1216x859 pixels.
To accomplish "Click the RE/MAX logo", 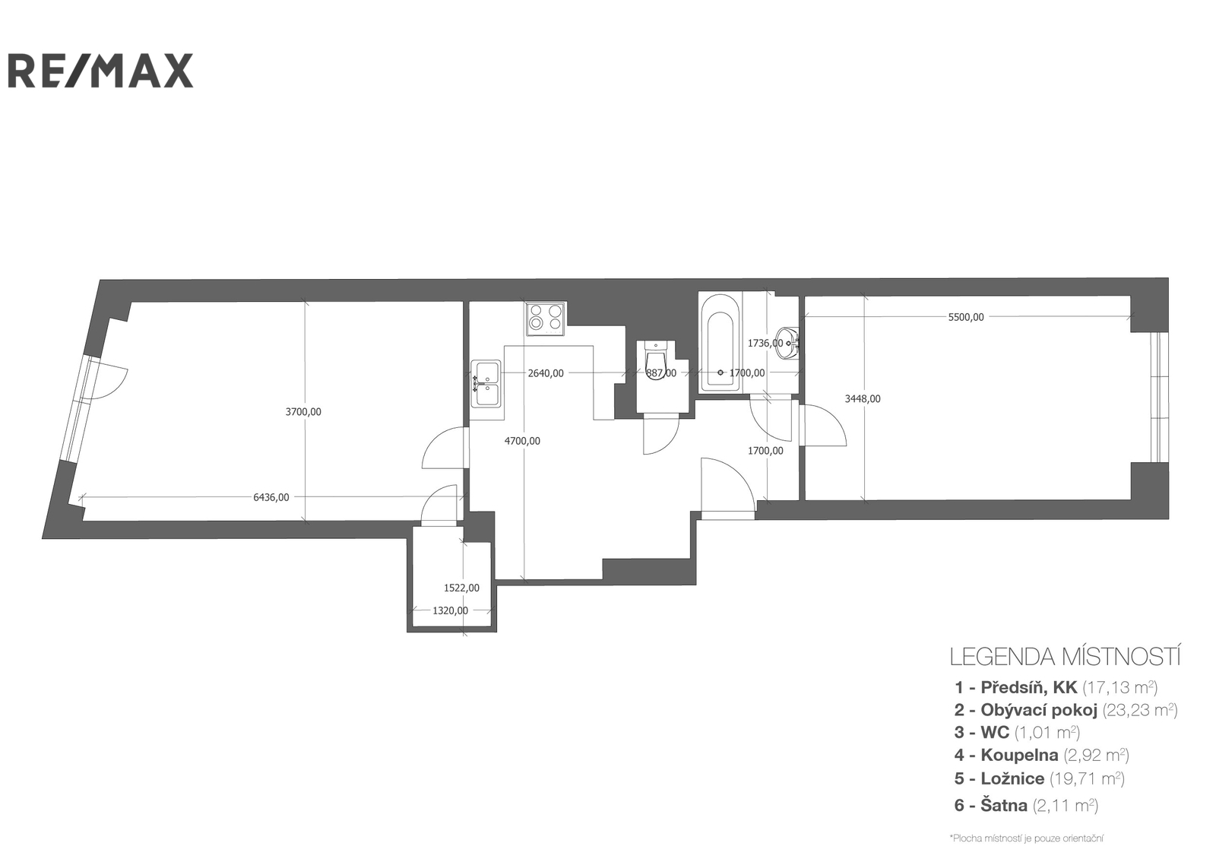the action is (x=100, y=70).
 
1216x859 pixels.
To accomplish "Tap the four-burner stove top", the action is (x=546, y=319).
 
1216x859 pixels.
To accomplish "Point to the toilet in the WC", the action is (x=656, y=360).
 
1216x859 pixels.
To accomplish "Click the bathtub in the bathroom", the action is (x=720, y=344).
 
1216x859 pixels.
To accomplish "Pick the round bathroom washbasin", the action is (x=787, y=343).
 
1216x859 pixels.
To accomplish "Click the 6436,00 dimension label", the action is (x=271, y=497).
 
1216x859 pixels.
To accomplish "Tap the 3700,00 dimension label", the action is (x=303, y=412).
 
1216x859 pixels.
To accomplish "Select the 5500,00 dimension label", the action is (x=966, y=317).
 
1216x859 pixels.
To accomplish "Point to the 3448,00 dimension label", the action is (x=863, y=399).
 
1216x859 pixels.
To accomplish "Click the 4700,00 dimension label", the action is (x=522, y=442).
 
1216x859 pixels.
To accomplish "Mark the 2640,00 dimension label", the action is (x=546, y=373).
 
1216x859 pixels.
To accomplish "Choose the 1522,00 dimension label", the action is (x=461, y=588).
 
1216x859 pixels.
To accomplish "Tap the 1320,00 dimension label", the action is (x=450, y=611).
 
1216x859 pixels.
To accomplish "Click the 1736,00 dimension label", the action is (x=765, y=343).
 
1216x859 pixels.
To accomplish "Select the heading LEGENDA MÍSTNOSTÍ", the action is (x=1065, y=658).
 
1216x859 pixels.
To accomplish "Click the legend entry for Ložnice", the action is (x=1040, y=778).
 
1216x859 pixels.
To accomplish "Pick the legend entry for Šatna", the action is (x=1026, y=805).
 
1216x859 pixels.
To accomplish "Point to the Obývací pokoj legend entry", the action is (x=1066, y=710).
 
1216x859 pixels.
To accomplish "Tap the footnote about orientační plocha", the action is (x=1027, y=839).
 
